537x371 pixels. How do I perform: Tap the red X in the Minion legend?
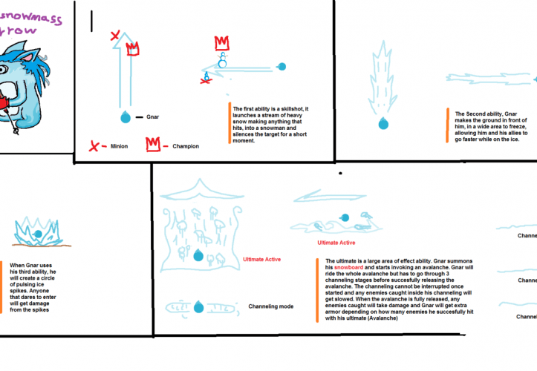pyautogui.click(x=94, y=145)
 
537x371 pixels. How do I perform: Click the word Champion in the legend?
pyautogui.click(x=186, y=146)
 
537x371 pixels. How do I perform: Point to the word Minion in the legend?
pyautogui.click(x=120, y=146)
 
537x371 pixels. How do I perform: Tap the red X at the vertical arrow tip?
pyautogui.click(x=114, y=36)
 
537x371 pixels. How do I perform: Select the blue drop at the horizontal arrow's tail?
pyautogui.click(x=281, y=68)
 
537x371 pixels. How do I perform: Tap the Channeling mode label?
pyautogui.click(x=270, y=306)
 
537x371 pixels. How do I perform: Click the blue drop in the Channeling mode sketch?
pyautogui.click(x=199, y=306)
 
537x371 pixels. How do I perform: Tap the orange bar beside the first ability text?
pyautogui.click(x=230, y=122)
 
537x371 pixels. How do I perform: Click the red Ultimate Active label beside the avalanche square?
pyautogui.click(x=261, y=259)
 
